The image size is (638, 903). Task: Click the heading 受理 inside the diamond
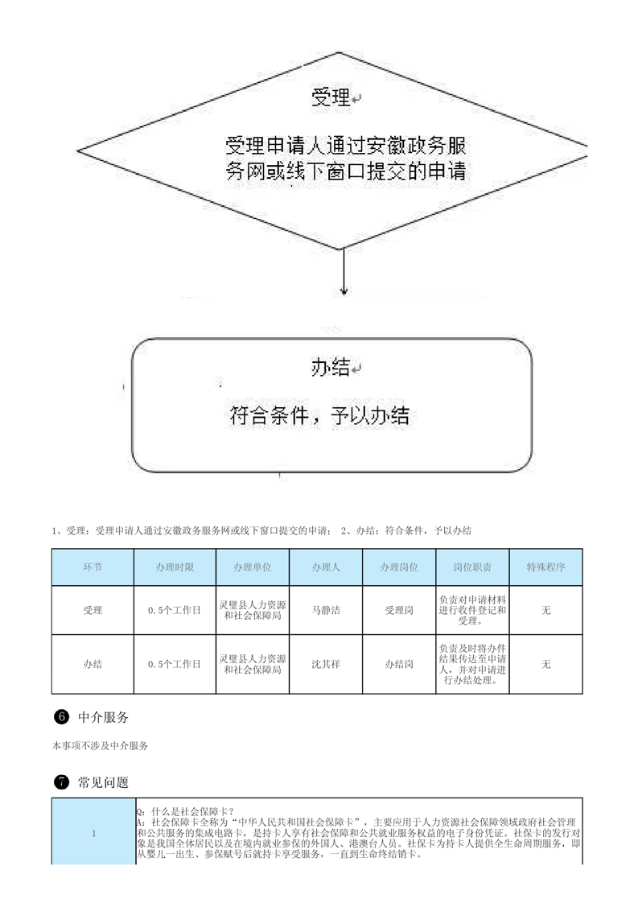pos(331,97)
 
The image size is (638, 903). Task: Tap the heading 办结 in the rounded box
pos(331,367)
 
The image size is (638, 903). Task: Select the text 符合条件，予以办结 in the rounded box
pos(319,415)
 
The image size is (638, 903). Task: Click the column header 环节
pos(93,567)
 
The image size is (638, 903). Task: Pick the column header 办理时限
pos(175,567)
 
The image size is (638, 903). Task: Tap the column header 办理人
pos(326,567)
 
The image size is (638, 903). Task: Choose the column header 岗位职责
pos(472,567)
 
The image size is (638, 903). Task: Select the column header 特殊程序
pos(545,567)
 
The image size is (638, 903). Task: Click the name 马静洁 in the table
pos(326,610)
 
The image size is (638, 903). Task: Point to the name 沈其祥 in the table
pos(326,664)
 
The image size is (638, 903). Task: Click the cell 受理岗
pos(399,610)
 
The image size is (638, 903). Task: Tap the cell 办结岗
pos(399,664)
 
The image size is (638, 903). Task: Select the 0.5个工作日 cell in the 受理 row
pos(175,610)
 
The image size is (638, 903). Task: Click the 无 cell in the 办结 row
pos(545,664)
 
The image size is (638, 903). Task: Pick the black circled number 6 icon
pos(61,716)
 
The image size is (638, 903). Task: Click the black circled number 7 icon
pos(61,782)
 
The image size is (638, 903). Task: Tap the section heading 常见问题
pos(103,782)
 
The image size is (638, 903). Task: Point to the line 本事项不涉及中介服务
pos(101,746)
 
